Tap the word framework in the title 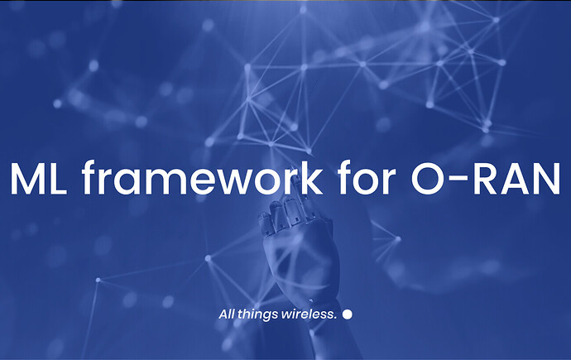click(x=202, y=177)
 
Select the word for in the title click(x=367, y=177)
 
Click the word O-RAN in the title click(x=486, y=179)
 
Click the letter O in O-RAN click(x=429, y=179)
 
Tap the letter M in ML click(x=27, y=179)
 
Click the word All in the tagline click(x=227, y=314)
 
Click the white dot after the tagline click(x=348, y=314)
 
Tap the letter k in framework click(x=309, y=177)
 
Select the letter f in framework click(x=90, y=177)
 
